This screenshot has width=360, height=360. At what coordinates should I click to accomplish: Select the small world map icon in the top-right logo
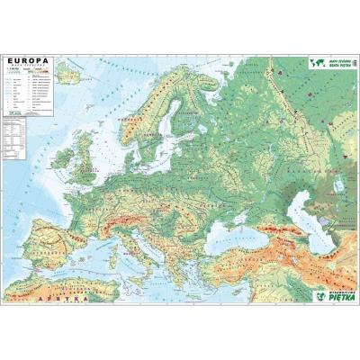tap(315, 63)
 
